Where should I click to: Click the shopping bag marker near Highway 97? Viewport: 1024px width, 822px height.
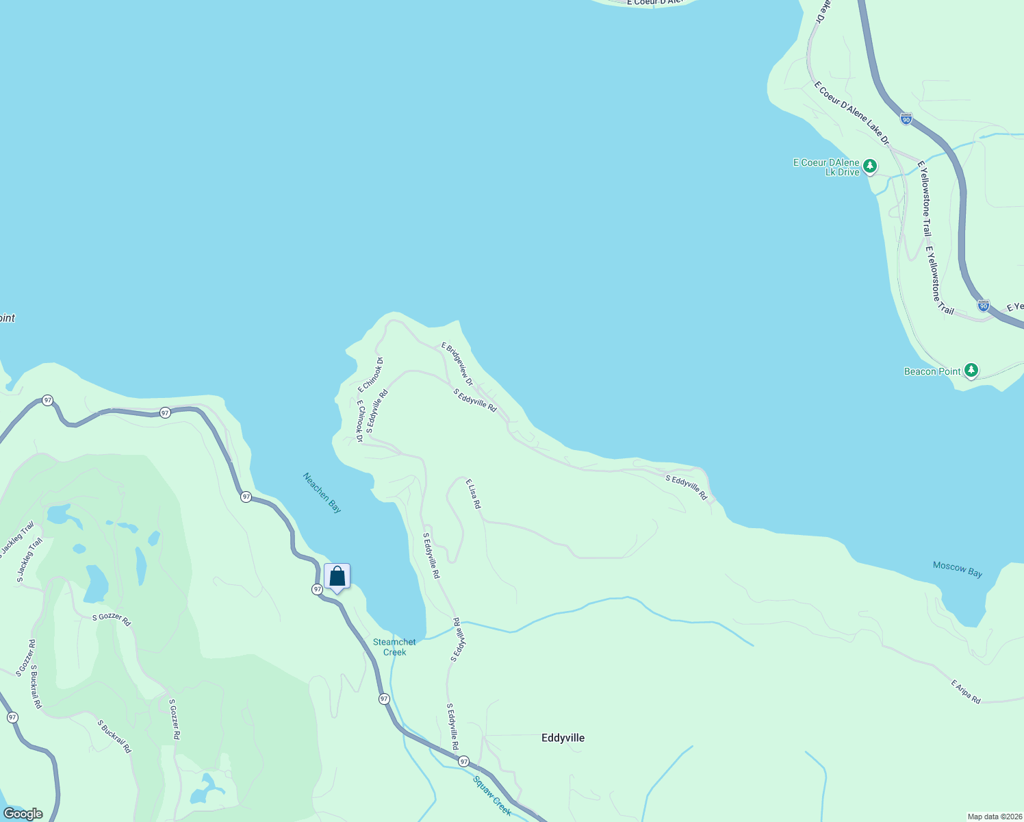click(337, 576)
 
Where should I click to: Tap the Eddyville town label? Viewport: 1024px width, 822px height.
click(563, 738)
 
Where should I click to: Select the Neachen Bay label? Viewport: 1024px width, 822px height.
click(322, 493)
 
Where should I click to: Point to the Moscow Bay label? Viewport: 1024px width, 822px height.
click(957, 569)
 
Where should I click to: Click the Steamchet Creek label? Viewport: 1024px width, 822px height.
click(394, 647)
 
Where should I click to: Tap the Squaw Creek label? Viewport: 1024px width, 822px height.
click(491, 795)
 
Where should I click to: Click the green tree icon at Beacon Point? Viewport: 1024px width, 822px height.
click(971, 371)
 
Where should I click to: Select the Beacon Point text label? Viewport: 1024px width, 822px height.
click(932, 371)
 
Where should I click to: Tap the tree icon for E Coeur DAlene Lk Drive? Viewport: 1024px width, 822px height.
click(869, 165)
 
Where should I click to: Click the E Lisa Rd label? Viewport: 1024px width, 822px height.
click(473, 494)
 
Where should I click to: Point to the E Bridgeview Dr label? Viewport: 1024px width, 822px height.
click(457, 364)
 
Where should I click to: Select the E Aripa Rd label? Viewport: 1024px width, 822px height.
click(966, 692)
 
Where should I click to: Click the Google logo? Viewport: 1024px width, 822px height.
click(23, 814)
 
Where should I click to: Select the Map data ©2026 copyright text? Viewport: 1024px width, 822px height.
click(994, 817)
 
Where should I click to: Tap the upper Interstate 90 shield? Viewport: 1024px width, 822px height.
click(906, 119)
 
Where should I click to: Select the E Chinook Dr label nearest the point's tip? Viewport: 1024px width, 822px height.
click(370, 375)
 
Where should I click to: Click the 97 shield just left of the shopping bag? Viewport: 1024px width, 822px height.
click(317, 589)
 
